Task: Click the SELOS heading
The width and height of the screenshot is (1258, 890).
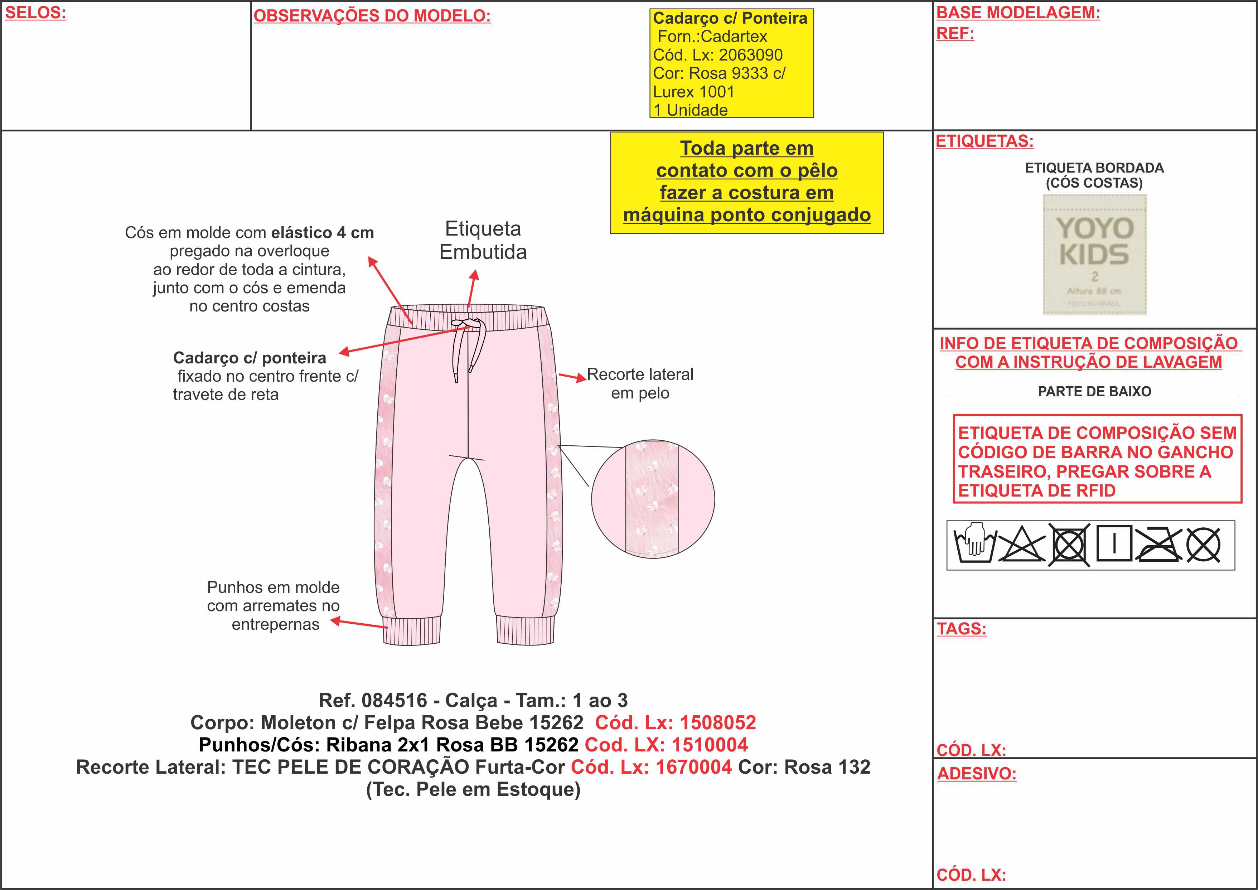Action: pos(35,13)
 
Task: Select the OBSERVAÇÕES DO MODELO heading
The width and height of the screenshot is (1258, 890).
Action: pos(372,16)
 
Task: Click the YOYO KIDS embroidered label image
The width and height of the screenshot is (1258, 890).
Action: pos(1094,255)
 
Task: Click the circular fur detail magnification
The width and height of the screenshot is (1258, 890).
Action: pos(653,499)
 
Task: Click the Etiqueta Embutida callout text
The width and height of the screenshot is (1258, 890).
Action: pos(483,240)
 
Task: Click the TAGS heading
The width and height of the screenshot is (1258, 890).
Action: pos(961,629)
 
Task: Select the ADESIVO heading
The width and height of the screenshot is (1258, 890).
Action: pos(976,773)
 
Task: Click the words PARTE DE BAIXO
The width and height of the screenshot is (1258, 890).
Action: pos(1094,391)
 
